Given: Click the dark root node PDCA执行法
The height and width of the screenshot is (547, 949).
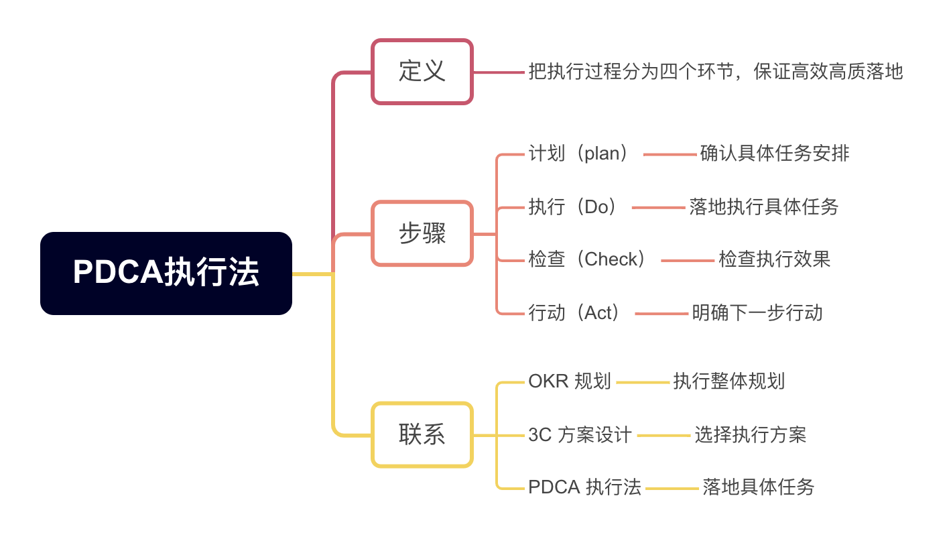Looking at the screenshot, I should (x=166, y=273).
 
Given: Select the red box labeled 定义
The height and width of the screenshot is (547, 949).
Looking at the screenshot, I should (x=422, y=72).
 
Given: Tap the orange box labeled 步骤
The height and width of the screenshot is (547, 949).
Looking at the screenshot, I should (x=422, y=234).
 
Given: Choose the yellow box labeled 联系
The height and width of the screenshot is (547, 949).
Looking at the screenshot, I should (x=422, y=435).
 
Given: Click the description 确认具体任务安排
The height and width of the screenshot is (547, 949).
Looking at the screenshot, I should (x=775, y=154).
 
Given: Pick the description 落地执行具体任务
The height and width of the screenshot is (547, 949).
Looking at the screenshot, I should (x=764, y=206).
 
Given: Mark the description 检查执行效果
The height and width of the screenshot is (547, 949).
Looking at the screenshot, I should (x=775, y=259).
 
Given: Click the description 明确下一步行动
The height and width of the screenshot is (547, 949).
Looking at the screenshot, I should (x=757, y=312).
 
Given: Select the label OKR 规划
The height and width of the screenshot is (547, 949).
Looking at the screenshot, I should (x=570, y=381).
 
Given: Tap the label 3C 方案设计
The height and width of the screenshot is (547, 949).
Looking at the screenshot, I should (x=580, y=435).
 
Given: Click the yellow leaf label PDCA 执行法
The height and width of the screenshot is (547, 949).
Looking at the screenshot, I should (x=584, y=487).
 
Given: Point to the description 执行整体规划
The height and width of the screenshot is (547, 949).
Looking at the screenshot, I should (x=729, y=381).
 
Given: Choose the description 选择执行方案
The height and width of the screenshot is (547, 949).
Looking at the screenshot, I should (x=751, y=435).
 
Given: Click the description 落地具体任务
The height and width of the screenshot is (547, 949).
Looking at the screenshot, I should (x=759, y=487).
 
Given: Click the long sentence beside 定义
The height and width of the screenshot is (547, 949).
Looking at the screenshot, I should (x=716, y=72).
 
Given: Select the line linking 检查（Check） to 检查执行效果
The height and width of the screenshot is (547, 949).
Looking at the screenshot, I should (x=688, y=260).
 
